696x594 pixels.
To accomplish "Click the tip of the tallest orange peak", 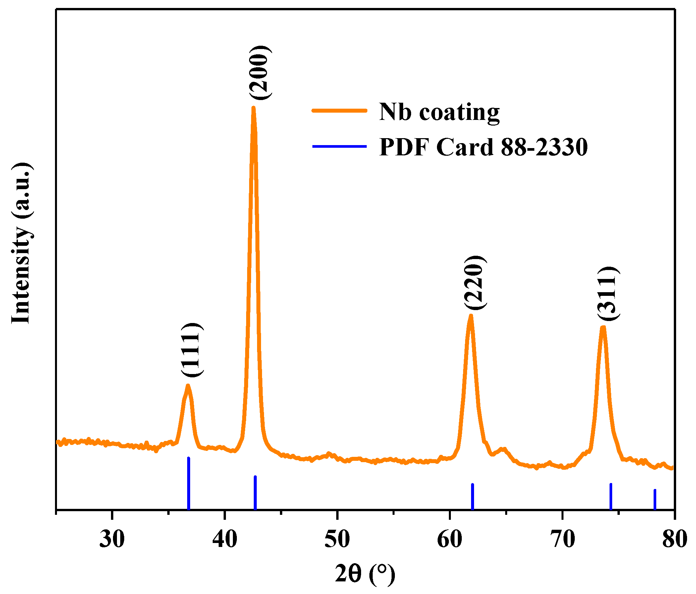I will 253,108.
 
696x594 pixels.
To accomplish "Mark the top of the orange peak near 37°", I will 188,386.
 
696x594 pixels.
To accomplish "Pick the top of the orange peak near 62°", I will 471,315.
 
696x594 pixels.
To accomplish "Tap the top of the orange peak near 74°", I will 603,327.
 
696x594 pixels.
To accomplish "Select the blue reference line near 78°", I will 655,500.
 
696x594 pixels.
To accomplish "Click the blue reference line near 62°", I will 472,497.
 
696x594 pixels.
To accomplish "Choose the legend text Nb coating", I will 439,112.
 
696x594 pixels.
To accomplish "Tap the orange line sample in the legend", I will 339,111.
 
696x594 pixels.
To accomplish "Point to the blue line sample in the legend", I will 339,146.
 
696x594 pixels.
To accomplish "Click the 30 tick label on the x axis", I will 112,539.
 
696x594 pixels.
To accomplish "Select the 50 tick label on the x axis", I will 337,539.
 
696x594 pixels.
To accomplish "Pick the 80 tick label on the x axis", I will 674,539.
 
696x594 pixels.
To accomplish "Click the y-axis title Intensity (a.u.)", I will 22,243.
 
